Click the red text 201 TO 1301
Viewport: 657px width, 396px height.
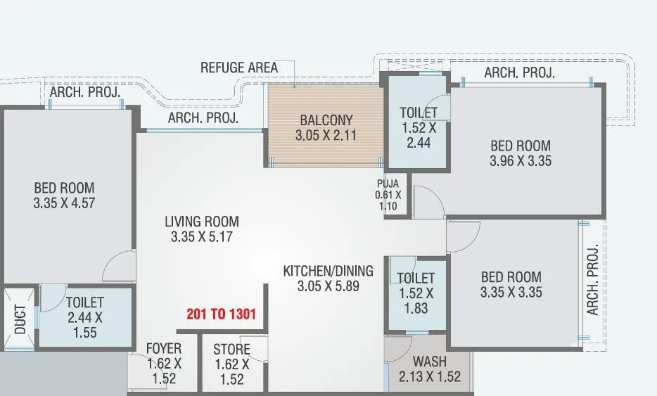click(221, 314)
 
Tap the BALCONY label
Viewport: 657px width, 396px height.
click(326, 119)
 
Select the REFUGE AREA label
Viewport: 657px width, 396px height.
click(239, 68)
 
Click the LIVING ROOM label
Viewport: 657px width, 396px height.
click(201, 222)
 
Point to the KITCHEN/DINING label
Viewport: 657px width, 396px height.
click(328, 271)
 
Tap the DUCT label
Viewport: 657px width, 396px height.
click(20, 319)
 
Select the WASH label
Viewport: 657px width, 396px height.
click(429, 362)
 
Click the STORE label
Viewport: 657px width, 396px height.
click(231, 350)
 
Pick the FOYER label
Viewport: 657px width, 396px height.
click(164, 349)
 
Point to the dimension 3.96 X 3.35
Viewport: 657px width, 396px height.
click(521, 161)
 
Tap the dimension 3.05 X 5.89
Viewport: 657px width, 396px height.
click(328, 286)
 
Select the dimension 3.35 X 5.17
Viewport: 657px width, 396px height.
click(201, 238)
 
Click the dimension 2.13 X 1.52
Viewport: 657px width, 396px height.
click(429, 377)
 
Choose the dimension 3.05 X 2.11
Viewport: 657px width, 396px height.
click(326, 135)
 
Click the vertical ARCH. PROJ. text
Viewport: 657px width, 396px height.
click(592, 280)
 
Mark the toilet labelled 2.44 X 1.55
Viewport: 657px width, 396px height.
click(85, 317)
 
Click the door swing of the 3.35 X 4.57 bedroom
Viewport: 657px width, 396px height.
click(118, 266)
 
